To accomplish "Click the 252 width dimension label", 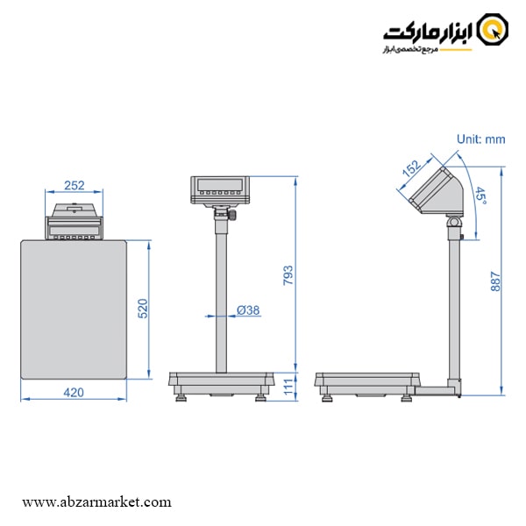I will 75,186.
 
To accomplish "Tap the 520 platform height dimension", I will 145,309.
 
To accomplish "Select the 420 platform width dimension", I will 75,393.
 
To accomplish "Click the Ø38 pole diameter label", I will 248,309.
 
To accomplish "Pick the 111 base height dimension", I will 289,387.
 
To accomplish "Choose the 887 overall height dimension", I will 495,279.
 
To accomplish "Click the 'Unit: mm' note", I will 481,139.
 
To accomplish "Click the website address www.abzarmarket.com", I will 96,502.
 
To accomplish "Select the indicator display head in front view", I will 220,189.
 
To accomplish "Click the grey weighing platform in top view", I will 75,311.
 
